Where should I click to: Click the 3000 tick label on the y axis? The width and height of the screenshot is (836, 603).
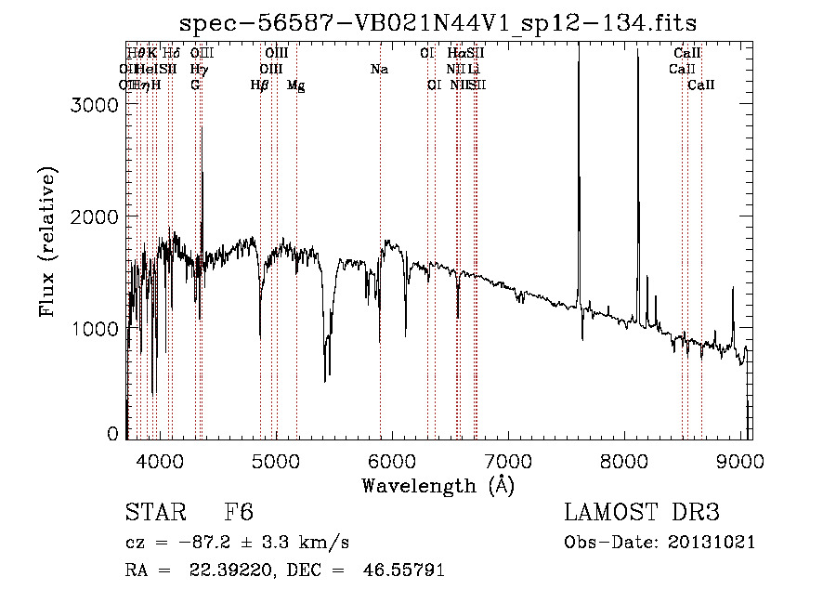point(96,105)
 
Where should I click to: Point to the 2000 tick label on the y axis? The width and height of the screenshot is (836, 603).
point(96,216)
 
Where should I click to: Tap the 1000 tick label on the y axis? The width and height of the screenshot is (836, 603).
point(96,329)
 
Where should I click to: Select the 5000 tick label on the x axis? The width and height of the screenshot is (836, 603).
point(276,460)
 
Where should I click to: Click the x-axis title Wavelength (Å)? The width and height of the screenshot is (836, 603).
point(438,485)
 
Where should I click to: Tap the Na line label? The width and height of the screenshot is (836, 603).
point(379,70)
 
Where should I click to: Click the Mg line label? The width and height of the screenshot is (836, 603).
point(296,85)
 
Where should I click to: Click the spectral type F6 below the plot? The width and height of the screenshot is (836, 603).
point(239,514)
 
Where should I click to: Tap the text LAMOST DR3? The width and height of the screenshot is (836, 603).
point(642,514)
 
